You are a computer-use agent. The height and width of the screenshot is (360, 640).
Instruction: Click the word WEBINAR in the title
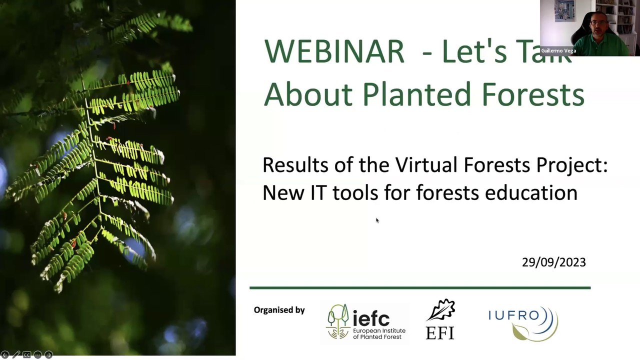click(x=333, y=51)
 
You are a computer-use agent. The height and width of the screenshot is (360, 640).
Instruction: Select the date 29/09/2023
click(x=553, y=262)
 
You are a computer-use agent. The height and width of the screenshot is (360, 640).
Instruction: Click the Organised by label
click(x=279, y=310)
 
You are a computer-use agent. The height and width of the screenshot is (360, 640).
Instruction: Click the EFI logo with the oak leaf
click(x=440, y=320)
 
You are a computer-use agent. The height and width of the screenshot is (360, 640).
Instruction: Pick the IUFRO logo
click(x=522, y=322)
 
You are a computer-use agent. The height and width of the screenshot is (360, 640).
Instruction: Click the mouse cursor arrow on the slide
click(x=377, y=220)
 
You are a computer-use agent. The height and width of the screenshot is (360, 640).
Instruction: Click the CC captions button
click(x=27, y=355)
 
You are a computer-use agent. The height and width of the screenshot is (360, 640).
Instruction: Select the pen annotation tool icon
click(x=16, y=355)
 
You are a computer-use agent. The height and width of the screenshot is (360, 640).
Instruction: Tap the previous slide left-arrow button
click(x=5, y=355)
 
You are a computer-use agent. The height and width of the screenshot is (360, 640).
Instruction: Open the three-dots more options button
click(x=38, y=355)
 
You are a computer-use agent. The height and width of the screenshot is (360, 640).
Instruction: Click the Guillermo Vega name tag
click(x=558, y=50)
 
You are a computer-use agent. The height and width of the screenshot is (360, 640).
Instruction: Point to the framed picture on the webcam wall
click(x=564, y=11)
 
